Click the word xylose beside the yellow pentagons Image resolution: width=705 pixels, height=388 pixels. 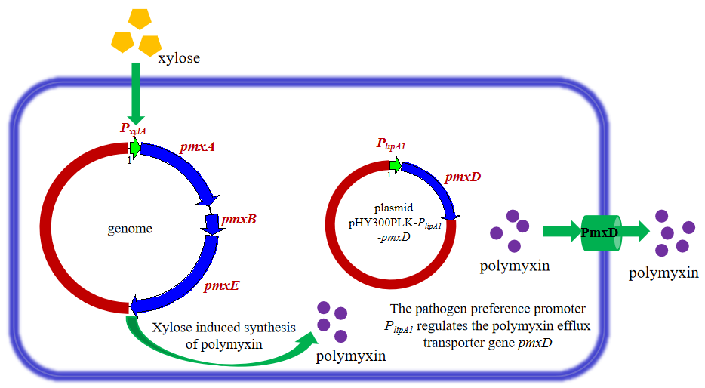point(179,57)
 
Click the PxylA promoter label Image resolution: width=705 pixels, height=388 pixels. point(133,128)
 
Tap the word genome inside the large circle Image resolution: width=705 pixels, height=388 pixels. point(130,229)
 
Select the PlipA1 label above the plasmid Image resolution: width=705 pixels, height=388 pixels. point(392,144)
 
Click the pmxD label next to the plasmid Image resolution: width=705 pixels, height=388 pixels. point(463,177)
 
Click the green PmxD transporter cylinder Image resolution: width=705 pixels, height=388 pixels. point(600,232)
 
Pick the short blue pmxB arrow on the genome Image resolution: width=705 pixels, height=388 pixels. point(211,222)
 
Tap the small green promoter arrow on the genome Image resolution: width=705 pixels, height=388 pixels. point(136,148)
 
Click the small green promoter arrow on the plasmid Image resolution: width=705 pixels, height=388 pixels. point(395,165)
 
